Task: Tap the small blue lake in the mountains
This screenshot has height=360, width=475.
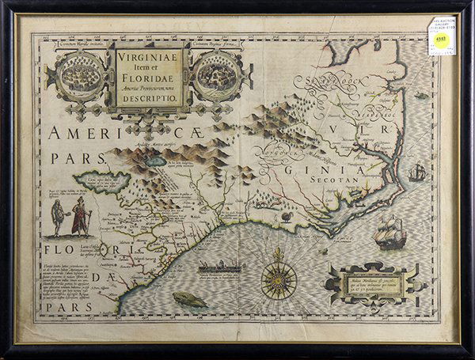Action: pyautogui.click(x=156, y=161)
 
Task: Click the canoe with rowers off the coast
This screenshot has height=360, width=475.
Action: pyautogui.click(x=222, y=267)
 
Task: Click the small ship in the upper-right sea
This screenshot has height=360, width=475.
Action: pyautogui.click(x=417, y=171)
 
